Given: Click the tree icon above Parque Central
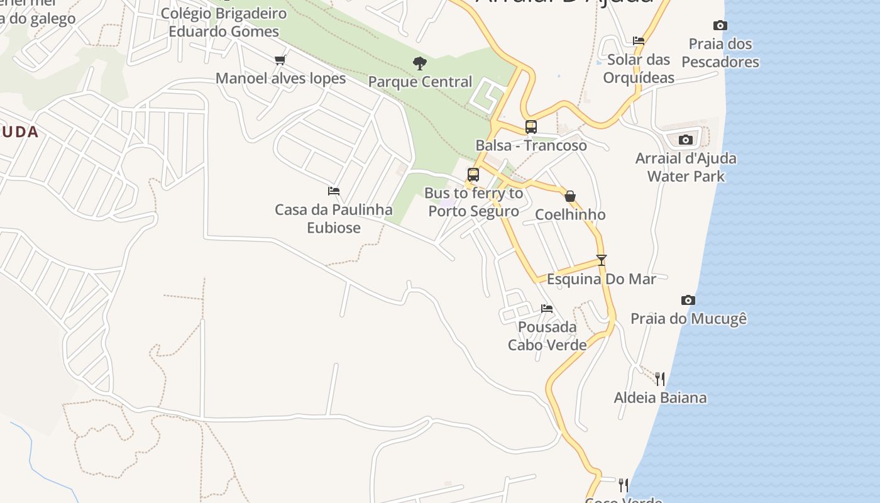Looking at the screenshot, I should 419,63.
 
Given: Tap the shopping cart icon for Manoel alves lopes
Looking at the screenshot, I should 280,60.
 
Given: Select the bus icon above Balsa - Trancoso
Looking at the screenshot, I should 531,127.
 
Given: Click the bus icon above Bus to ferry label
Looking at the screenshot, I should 473,175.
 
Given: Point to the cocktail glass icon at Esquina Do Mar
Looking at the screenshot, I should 602,260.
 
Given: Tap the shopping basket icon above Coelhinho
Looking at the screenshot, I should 570,196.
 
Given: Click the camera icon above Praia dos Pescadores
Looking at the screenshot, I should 720,26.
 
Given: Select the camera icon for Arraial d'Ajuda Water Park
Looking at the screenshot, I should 686,140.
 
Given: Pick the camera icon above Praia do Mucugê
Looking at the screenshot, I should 688,301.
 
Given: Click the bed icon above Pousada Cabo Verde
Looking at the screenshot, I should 547,309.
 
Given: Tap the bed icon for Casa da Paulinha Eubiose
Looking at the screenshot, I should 334,191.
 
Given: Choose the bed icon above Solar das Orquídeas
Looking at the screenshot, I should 639,41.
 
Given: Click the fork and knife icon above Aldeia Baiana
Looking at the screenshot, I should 660,379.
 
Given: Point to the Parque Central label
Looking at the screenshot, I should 420,82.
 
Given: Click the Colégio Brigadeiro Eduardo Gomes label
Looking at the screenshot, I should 224,22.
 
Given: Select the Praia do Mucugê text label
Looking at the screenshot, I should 688,319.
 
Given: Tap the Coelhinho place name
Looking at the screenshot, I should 570,214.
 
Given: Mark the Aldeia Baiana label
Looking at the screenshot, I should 660,397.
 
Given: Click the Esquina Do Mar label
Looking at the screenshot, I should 602,279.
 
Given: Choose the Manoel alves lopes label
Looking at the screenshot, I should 280,79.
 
